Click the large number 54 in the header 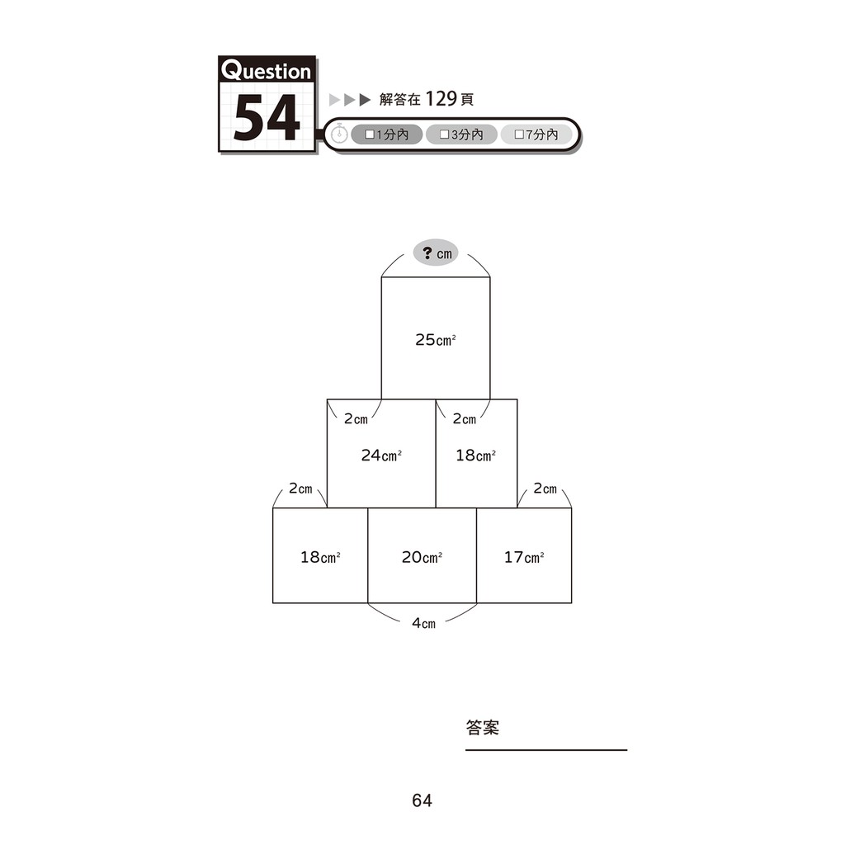click(267, 117)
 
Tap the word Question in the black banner click(267, 70)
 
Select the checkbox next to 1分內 click(370, 135)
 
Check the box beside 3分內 click(445, 135)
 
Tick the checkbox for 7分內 click(519, 135)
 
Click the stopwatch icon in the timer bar click(339, 134)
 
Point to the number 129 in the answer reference click(441, 99)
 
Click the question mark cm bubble click(436, 253)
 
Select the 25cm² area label click(436, 339)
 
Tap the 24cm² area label click(381, 456)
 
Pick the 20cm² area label click(422, 557)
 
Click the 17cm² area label click(524, 557)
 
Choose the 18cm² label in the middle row click(476, 456)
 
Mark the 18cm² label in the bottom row click(320, 557)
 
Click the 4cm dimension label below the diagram click(423, 624)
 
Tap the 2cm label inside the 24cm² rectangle click(356, 418)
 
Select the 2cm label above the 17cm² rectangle click(545, 489)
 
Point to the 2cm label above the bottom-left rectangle click(300, 489)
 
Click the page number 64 click(422, 800)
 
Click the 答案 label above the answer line click(482, 728)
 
